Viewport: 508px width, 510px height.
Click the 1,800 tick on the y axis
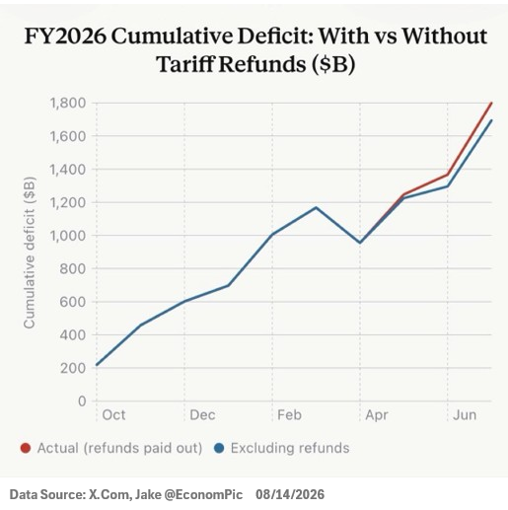(67, 104)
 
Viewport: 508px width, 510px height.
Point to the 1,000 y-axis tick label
(67, 236)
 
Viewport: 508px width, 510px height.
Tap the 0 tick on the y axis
(82, 401)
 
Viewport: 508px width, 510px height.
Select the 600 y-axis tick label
(72, 302)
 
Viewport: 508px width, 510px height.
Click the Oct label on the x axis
(113, 415)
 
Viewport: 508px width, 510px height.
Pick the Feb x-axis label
(289, 415)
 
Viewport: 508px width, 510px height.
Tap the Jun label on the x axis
(465, 415)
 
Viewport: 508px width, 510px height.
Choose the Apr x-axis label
(377, 415)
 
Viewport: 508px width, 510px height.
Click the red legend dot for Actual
(26, 448)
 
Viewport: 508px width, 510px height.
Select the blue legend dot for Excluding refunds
(219, 448)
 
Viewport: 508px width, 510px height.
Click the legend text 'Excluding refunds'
(290, 448)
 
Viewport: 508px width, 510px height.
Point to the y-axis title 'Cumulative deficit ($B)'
(30, 253)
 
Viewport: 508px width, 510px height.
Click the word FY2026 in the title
(66, 36)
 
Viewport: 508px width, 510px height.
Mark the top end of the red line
(492, 103)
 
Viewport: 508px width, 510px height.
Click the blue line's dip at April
(360, 243)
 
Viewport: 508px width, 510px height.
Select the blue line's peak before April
(316, 207)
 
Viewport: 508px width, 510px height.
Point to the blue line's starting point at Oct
(97, 365)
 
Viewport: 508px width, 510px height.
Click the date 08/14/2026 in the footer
(290, 494)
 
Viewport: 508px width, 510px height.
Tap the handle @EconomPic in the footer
(203, 494)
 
